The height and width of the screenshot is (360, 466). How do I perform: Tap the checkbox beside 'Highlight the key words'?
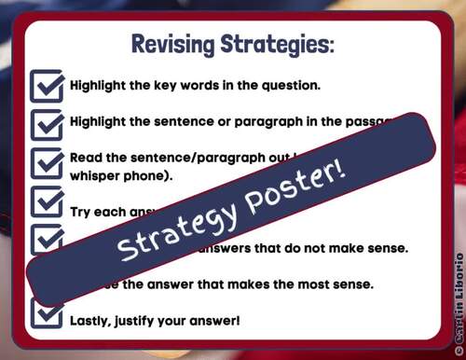(x=47, y=85)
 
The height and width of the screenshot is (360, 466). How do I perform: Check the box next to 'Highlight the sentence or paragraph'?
(x=47, y=123)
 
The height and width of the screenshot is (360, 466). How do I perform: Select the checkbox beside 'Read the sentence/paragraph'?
(x=47, y=164)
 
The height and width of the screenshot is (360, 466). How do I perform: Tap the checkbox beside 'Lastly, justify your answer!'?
(x=47, y=314)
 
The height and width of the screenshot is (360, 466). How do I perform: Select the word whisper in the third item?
(x=96, y=174)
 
